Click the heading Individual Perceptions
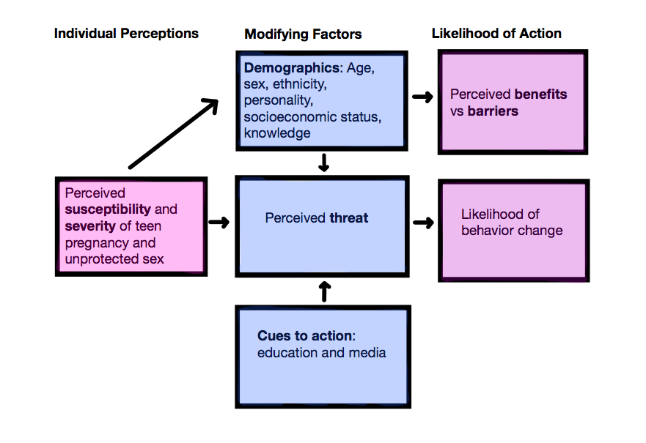pyautogui.click(x=126, y=34)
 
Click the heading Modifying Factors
pyautogui.click(x=303, y=34)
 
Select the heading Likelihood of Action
pyautogui.click(x=496, y=34)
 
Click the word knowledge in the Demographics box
pyautogui.click(x=277, y=133)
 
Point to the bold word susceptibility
pyautogui.click(x=109, y=209)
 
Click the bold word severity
pyautogui.click(x=90, y=226)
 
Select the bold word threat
pyautogui.click(x=349, y=218)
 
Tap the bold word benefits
pyautogui.click(x=540, y=94)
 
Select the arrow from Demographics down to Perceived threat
pyautogui.click(x=323, y=163)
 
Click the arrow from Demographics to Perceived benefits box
pyautogui.click(x=422, y=97)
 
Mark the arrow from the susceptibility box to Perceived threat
pyautogui.click(x=219, y=222)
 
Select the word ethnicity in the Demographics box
pyautogui.click(x=299, y=84)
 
